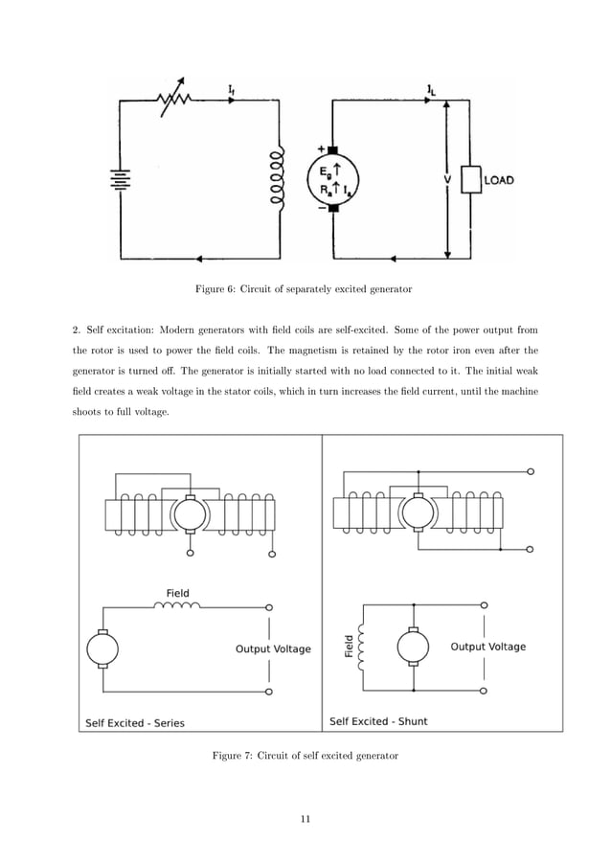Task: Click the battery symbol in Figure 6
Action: pyautogui.click(x=121, y=180)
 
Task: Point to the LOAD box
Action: pyautogui.click(x=470, y=179)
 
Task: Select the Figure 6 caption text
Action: pyautogui.click(x=304, y=288)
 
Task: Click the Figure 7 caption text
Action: pyautogui.click(x=305, y=756)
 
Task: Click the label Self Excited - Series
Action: pyautogui.click(x=135, y=722)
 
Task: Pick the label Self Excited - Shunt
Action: pyautogui.click(x=378, y=721)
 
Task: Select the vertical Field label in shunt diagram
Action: pyautogui.click(x=350, y=647)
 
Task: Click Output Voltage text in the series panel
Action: pyautogui.click(x=273, y=648)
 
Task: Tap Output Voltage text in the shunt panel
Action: pyautogui.click(x=488, y=647)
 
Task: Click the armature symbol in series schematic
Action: pyautogui.click(x=102, y=648)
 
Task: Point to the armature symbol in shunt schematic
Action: pyautogui.click(x=413, y=648)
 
